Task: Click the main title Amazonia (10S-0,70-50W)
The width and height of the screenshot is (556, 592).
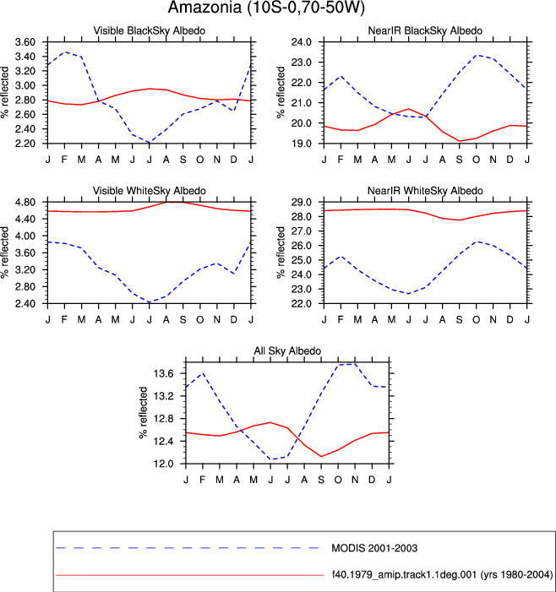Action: coord(266,8)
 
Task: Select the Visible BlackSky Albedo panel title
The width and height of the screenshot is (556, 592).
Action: coord(150,30)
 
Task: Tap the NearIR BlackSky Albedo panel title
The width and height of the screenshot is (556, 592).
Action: coord(425,30)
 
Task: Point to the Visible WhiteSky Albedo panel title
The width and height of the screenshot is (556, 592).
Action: coord(150,191)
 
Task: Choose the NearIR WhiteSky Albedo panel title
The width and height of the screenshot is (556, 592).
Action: coord(425,191)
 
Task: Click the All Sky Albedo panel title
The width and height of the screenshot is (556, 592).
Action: coord(287,350)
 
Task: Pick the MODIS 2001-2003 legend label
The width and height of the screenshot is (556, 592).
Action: coord(374,548)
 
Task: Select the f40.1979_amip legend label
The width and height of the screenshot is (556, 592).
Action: coord(442,575)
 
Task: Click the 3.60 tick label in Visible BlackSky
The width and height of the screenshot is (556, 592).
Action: coord(25,42)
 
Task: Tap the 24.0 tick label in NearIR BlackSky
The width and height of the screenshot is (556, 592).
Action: coord(302,42)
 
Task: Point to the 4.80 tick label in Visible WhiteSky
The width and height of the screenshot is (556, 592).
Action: coord(25,202)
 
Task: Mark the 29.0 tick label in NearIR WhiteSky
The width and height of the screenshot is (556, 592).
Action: coord(302,202)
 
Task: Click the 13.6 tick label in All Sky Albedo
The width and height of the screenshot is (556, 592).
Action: coord(163,374)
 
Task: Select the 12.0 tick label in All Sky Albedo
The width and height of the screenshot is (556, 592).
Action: coord(163,464)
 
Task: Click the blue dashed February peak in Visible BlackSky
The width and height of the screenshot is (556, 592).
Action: coord(65,52)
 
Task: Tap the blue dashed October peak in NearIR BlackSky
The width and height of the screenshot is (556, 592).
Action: coord(476,55)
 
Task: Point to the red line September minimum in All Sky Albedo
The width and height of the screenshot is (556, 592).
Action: coord(321,457)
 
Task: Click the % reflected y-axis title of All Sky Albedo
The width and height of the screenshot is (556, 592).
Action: coord(144,413)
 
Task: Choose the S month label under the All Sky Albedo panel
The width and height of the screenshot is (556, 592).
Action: coord(321,480)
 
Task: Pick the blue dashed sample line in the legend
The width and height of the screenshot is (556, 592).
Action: coord(188,548)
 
